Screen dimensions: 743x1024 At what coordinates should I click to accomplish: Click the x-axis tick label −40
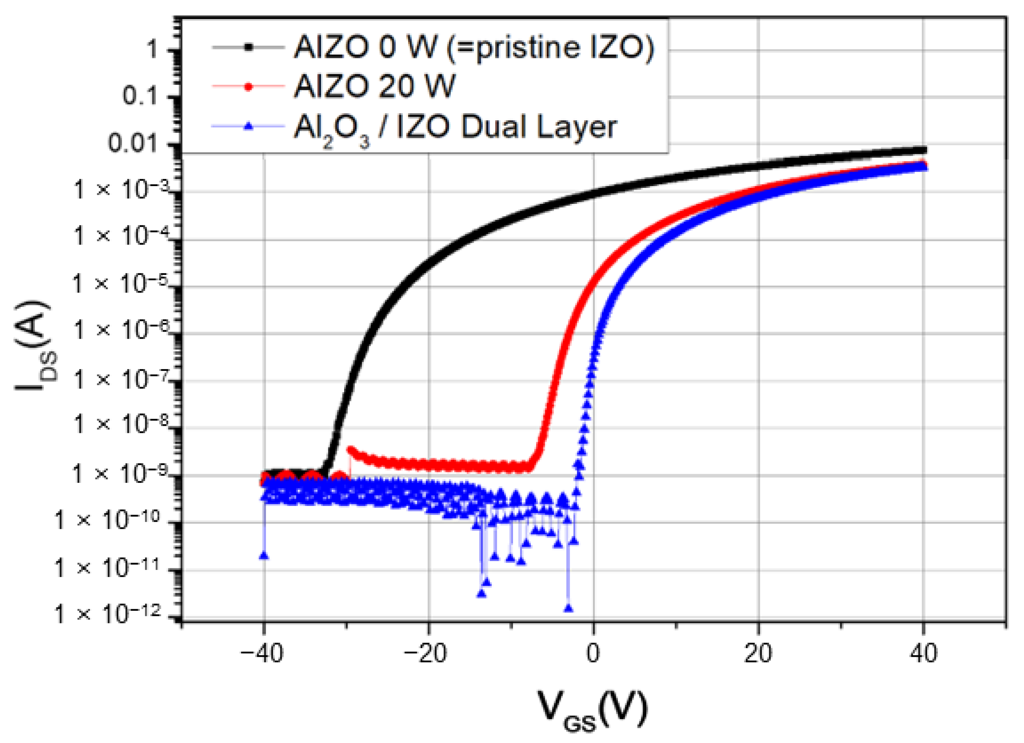[x=262, y=653]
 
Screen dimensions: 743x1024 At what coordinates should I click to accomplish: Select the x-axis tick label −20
[x=426, y=653]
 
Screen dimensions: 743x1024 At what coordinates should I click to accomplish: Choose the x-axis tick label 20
[x=758, y=653]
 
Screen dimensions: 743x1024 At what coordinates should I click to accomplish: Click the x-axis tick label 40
[x=924, y=653]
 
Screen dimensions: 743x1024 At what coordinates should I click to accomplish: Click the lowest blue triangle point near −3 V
[x=568, y=609]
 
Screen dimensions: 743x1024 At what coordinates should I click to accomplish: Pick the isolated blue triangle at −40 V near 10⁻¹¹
[x=264, y=556]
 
